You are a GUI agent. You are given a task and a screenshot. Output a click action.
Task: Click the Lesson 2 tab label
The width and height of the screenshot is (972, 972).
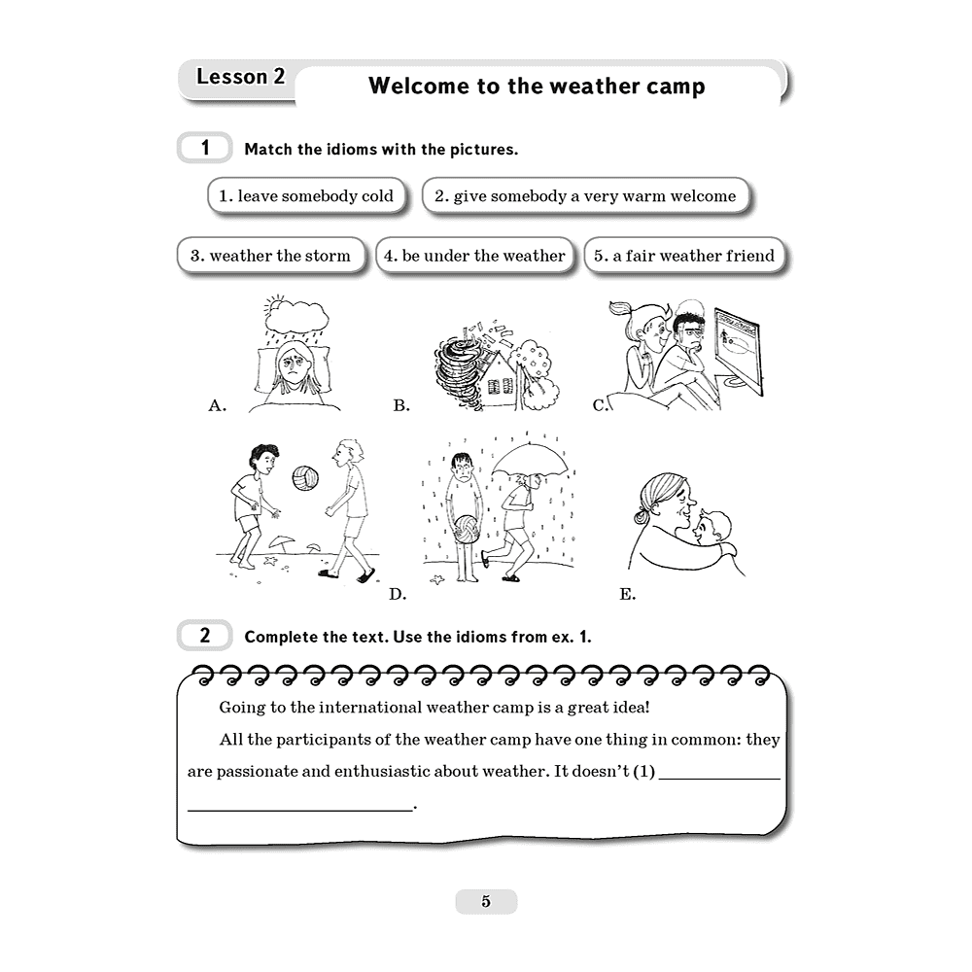point(240,76)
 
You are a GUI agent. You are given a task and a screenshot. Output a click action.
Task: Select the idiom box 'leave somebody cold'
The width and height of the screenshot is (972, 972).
point(306,196)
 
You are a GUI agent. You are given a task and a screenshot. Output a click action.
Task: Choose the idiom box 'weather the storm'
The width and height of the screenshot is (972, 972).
point(270,256)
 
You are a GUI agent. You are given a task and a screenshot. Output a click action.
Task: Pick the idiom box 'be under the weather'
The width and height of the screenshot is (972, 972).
point(474,256)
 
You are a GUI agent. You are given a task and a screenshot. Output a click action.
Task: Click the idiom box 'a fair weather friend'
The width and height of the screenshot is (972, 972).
point(684,256)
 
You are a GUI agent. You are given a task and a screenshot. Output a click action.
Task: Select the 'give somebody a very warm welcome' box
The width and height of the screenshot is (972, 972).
point(585,196)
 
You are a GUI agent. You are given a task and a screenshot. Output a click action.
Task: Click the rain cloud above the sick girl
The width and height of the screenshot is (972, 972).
point(296,315)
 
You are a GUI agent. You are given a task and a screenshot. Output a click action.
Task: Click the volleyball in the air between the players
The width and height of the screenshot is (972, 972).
point(305,478)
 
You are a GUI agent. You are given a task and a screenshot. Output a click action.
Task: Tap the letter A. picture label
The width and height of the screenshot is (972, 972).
point(217,405)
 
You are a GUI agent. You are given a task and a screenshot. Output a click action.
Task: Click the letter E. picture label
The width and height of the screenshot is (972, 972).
point(627,595)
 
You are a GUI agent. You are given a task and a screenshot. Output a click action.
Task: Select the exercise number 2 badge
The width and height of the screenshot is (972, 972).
point(204,636)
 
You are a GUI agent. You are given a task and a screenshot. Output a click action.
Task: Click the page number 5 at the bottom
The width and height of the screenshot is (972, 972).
point(486,901)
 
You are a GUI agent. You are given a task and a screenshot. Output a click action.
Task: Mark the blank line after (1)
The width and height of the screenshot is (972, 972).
point(719,778)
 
